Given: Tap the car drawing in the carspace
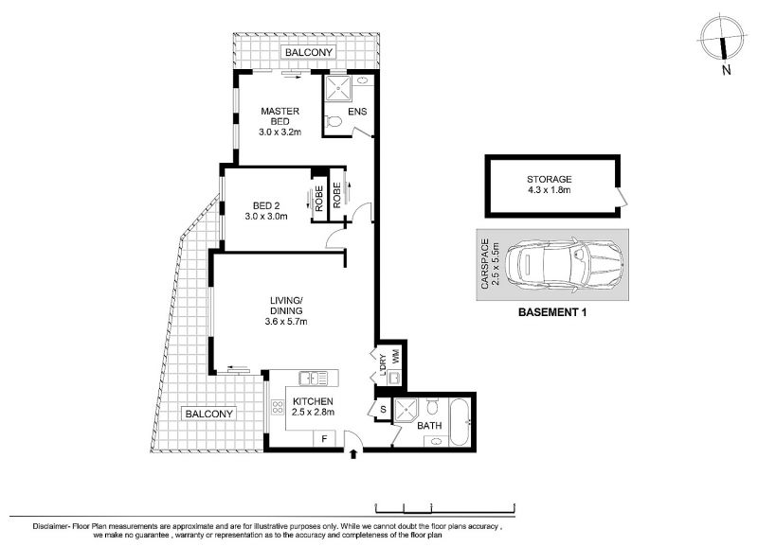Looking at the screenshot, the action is tap(564, 265).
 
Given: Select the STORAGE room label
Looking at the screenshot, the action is tap(550, 179).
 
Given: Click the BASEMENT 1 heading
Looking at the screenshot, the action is tap(552, 312).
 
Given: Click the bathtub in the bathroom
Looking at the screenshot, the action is tap(460, 422).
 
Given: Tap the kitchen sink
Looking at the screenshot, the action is tap(313, 378).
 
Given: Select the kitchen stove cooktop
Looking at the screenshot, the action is tap(278, 407).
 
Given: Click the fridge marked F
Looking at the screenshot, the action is tap(324, 439).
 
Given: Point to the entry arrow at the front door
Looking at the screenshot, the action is tap(352, 453).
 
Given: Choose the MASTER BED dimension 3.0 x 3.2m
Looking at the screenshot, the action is tap(280, 132).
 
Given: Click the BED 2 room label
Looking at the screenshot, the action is tap(266, 205).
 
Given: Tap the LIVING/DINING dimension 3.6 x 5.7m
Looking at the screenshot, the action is tap(286, 322).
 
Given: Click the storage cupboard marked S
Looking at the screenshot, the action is tap(384, 410).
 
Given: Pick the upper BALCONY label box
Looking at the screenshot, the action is tap(309, 52).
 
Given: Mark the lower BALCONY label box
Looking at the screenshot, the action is tap(209, 414).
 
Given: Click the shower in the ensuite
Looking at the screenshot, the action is tap(336, 88).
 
